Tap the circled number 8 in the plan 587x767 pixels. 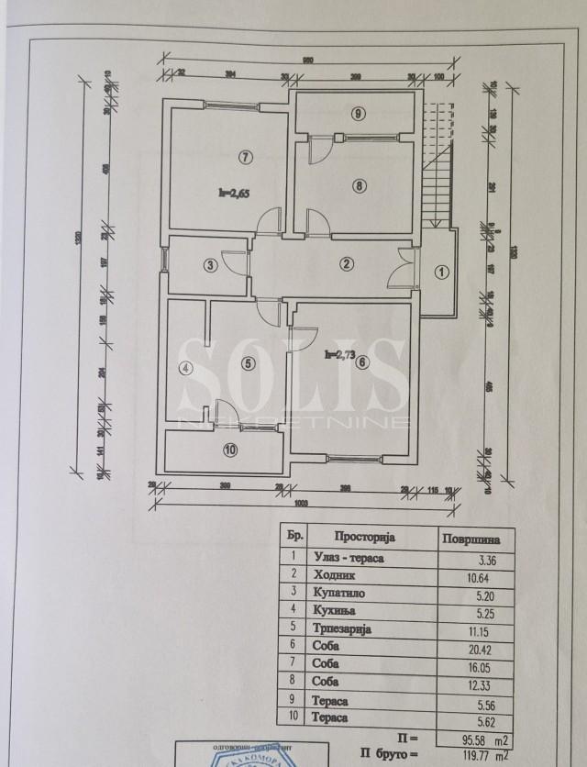coord(360,185)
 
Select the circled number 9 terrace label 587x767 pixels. coord(359,114)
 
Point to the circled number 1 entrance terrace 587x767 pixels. coord(441,272)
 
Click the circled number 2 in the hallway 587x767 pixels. coord(346,265)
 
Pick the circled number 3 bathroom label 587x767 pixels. coord(211,266)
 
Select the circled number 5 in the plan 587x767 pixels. coord(248,361)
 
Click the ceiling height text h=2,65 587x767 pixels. coord(234,193)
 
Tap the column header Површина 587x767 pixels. coord(472,539)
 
